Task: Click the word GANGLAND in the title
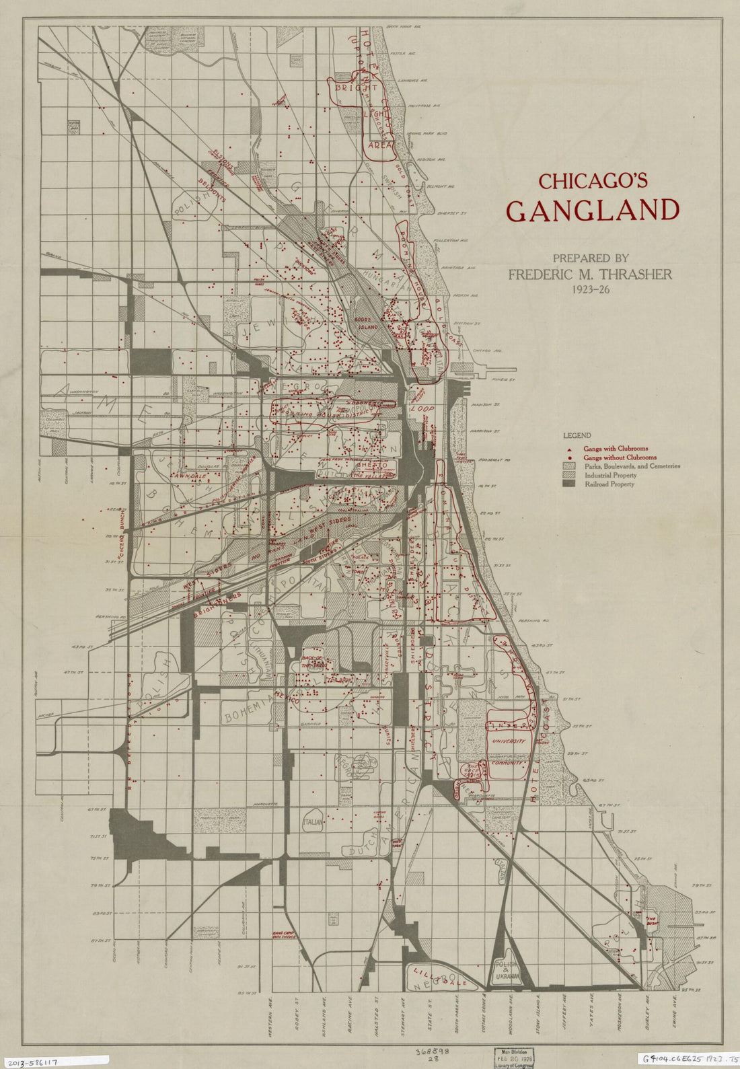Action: click(592, 211)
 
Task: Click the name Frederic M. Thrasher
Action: click(589, 274)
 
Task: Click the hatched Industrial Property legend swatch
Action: click(570, 475)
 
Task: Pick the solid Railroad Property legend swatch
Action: click(570, 484)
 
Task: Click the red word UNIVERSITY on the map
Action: click(507, 741)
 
